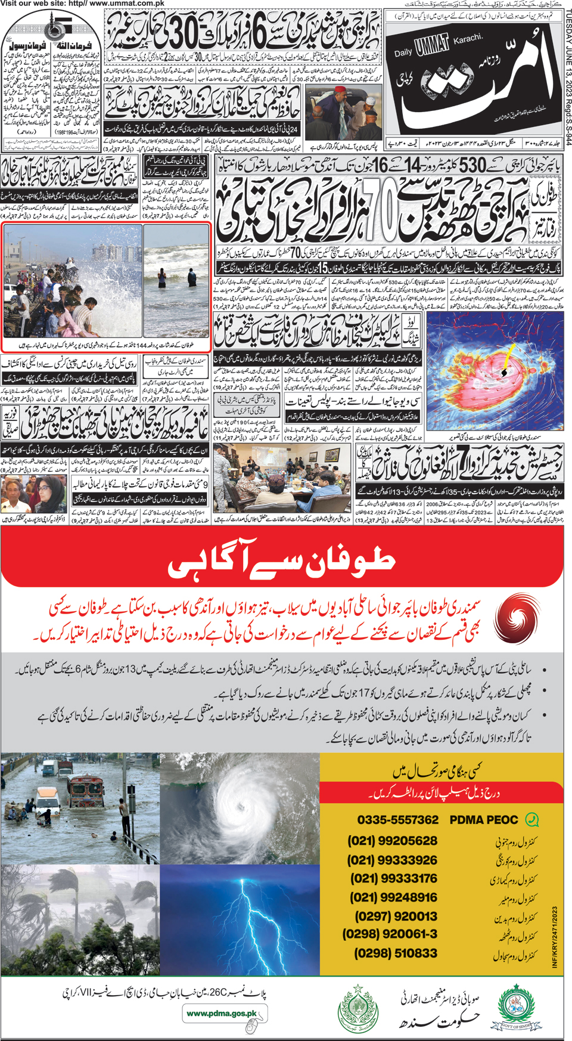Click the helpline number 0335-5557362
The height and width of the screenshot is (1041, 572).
click(x=397, y=820)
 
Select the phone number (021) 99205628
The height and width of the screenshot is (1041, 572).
click(x=393, y=841)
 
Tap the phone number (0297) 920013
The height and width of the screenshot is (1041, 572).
click(x=396, y=916)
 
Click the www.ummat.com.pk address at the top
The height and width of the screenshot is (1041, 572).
click(x=126, y=4)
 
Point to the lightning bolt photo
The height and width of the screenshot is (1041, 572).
click(x=240, y=920)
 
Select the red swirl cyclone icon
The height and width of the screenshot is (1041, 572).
click(x=514, y=618)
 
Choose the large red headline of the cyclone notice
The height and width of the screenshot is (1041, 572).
click(x=281, y=562)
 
